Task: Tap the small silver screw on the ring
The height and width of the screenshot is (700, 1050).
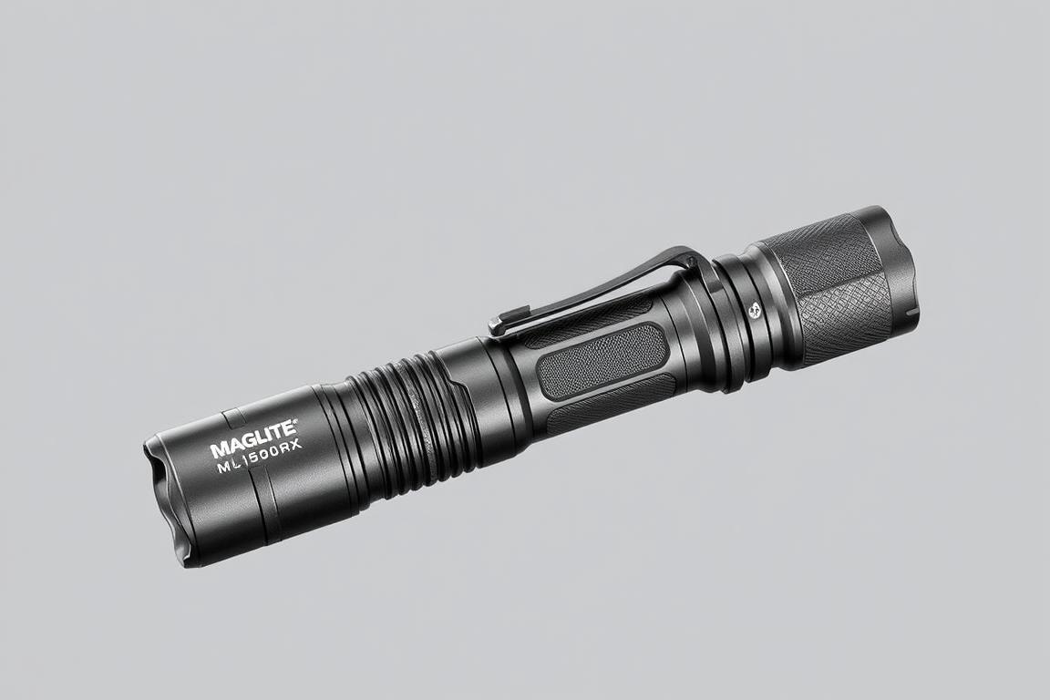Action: pyautogui.click(x=754, y=310)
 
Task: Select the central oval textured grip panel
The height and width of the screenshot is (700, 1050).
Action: pyautogui.click(x=602, y=361)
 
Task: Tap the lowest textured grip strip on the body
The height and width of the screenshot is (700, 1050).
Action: pyautogui.click(x=611, y=401)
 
